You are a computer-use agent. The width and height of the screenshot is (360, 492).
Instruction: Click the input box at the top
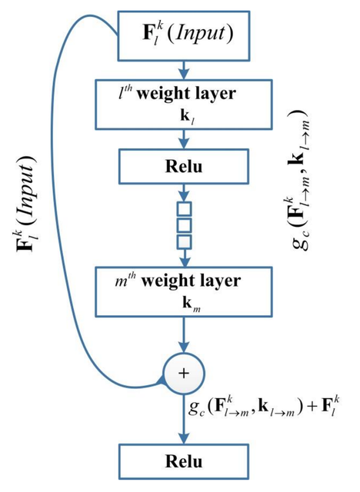click(184, 36)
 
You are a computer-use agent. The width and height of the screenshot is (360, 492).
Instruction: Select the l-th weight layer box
click(184, 105)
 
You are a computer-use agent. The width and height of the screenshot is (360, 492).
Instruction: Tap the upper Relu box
click(184, 166)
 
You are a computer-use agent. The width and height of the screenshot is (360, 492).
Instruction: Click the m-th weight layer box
click(184, 291)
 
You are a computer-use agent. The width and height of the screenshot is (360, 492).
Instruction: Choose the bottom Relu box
click(184, 461)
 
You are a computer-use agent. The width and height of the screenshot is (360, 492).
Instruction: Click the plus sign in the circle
click(184, 373)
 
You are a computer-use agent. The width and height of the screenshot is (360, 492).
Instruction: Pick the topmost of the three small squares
click(185, 209)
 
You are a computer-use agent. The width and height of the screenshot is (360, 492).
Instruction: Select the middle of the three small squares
click(185, 225)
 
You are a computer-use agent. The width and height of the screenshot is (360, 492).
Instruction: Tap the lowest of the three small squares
click(185, 242)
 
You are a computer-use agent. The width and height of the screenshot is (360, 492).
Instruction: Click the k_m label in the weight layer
click(192, 304)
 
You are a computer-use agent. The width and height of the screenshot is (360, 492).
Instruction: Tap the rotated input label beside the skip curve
click(27, 204)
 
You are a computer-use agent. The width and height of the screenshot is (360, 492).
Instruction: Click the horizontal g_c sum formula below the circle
click(264, 407)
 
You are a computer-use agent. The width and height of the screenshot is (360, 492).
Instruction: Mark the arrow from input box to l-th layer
click(184, 70)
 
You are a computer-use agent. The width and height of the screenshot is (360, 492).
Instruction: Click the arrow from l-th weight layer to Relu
click(184, 139)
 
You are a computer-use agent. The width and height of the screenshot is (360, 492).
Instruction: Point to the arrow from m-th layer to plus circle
click(184, 334)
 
